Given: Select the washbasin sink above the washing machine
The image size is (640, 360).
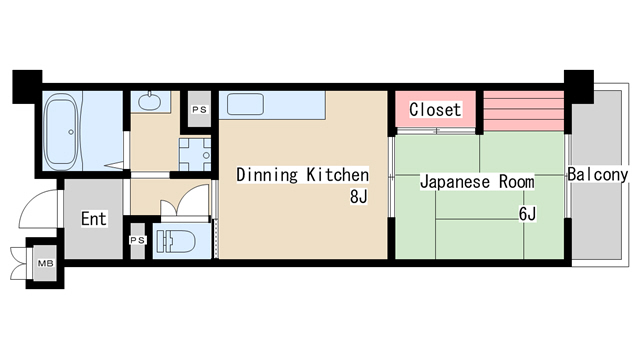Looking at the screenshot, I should [x=150, y=101].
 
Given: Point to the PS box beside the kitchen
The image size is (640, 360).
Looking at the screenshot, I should [x=199, y=109].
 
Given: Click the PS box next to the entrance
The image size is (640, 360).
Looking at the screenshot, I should [x=137, y=240].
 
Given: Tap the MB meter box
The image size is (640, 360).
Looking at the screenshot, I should [x=45, y=263].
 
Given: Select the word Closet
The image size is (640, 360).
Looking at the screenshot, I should [x=435, y=109].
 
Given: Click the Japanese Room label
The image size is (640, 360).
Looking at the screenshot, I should [x=476, y=183].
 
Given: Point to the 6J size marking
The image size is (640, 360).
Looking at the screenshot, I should [x=526, y=213].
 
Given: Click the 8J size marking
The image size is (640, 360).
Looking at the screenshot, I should [x=359, y=197].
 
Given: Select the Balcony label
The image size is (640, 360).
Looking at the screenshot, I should [x=596, y=175].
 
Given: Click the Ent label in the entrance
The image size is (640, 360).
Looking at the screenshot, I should [x=94, y=219].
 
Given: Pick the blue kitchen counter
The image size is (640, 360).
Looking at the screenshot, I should [x=274, y=105].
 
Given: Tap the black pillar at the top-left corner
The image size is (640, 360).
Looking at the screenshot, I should [x=27, y=83].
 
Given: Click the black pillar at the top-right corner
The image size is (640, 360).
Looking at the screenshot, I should [x=578, y=83].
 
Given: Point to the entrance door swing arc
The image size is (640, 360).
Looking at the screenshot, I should [x=38, y=205].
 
